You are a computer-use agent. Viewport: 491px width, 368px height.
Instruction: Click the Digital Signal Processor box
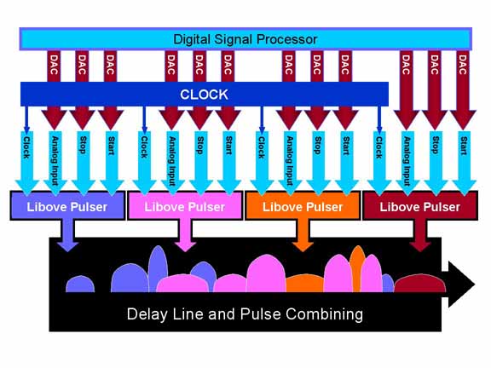(245, 39)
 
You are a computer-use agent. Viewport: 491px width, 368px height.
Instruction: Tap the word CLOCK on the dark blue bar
(204, 95)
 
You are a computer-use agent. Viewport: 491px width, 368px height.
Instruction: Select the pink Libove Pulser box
(185, 205)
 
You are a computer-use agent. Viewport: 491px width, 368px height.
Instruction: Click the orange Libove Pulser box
(303, 205)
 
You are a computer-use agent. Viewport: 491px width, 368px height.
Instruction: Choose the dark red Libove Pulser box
(420, 205)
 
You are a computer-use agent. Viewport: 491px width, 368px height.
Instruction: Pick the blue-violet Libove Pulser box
(67, 205)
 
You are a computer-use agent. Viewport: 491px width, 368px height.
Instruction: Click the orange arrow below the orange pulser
(303, 235)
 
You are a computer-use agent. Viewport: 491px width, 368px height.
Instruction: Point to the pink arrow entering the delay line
(185, 235)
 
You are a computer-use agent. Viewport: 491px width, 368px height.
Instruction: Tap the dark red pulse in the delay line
(419, 283)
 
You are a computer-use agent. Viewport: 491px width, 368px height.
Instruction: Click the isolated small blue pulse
(80, 285)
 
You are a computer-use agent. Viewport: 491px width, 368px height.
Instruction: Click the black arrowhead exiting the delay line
(461, 285)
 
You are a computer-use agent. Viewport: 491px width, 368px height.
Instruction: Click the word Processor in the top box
(286, 39)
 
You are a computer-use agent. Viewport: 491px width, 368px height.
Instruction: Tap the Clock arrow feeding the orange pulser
(262, 162)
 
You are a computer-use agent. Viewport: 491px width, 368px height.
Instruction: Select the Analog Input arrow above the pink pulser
(171, 162)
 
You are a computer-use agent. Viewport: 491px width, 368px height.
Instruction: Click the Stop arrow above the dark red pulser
(436, 162)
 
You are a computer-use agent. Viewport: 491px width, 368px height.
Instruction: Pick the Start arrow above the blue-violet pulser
(111, 162)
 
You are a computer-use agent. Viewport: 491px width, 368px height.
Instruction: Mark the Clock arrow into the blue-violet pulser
(26, 162)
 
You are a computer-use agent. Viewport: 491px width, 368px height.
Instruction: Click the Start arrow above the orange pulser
(346, 162)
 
